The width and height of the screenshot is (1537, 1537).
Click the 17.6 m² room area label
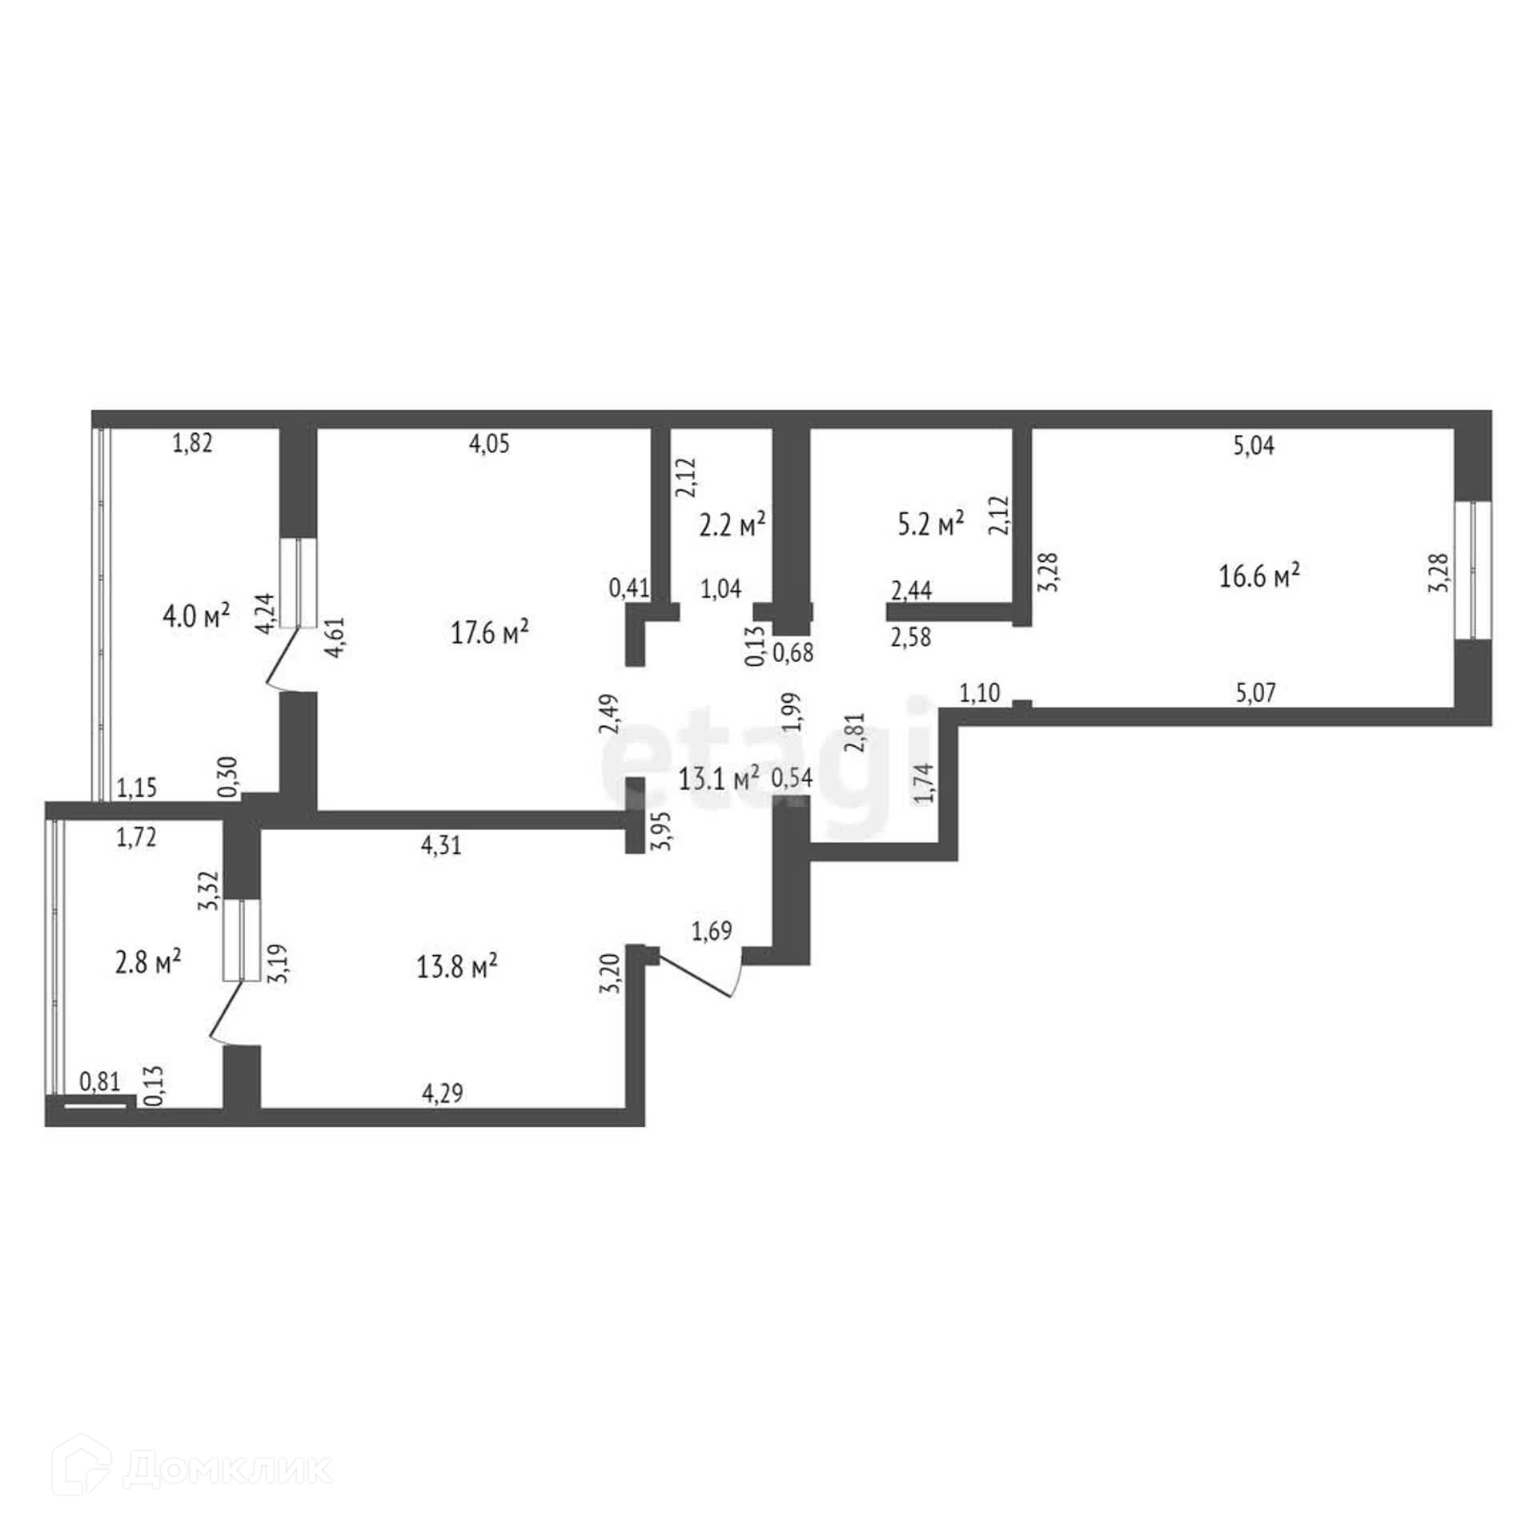tap(490, 633)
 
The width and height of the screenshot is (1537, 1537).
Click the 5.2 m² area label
tap(931, 524)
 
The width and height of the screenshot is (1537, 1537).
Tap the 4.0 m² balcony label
tap(196, 616)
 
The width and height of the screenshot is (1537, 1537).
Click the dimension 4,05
tap(489, 444)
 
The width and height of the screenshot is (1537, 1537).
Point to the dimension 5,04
tap(1254, 446)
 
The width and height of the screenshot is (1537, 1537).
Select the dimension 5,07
tap(1255, 692)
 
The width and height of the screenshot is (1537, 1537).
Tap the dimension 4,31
tap(441, 845)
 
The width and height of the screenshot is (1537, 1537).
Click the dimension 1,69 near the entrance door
tap(712, 931)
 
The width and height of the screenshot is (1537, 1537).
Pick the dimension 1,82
tap(193, 443)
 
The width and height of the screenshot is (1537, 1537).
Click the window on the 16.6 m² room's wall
tap(1472, 570)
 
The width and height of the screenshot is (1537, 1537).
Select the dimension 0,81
tap(100, 1082)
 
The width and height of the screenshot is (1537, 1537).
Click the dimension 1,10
tap(980, 692)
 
